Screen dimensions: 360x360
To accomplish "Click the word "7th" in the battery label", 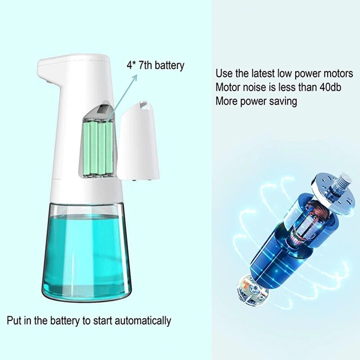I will point(146,65).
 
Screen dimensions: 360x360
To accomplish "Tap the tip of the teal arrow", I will point(136,75).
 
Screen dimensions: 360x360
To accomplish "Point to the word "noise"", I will point(258,87).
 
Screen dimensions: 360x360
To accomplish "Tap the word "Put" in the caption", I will point(14,321).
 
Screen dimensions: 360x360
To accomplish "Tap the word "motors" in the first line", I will point(338,73).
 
